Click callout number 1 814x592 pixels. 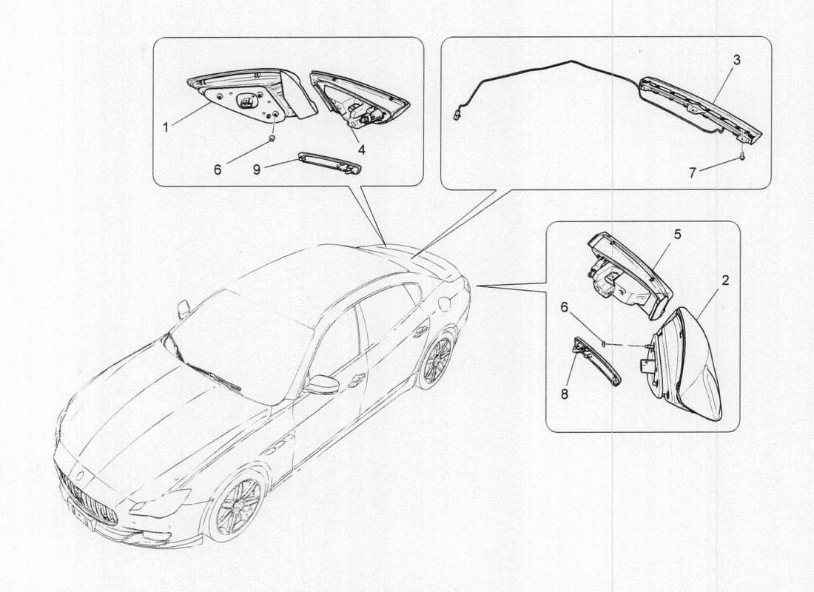click(x=166, y=127)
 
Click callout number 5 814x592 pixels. click(x=676, y=234)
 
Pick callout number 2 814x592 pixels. click(x=725, y=280)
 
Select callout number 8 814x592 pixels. click(x=565, y=394)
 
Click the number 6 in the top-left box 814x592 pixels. click(x=218, y=169)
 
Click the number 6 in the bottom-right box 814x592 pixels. click(x=565, y=307)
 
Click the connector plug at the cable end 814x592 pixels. click(x=457, y=115)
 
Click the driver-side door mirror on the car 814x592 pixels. click(x=322, y=384)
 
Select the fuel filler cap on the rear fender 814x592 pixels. click(x=445, y=302)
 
